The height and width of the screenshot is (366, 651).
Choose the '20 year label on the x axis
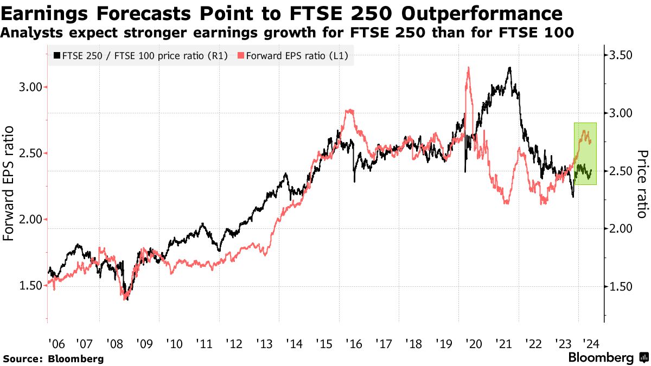(x=473, y=344)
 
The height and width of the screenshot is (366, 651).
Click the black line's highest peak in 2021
(x=509, y=68)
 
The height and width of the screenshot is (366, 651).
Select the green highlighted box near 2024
(x=585, y=153)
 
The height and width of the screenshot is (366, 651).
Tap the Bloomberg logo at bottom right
(x=608, y=358)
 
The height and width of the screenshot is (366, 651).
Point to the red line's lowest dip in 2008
(x=126, y=298)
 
